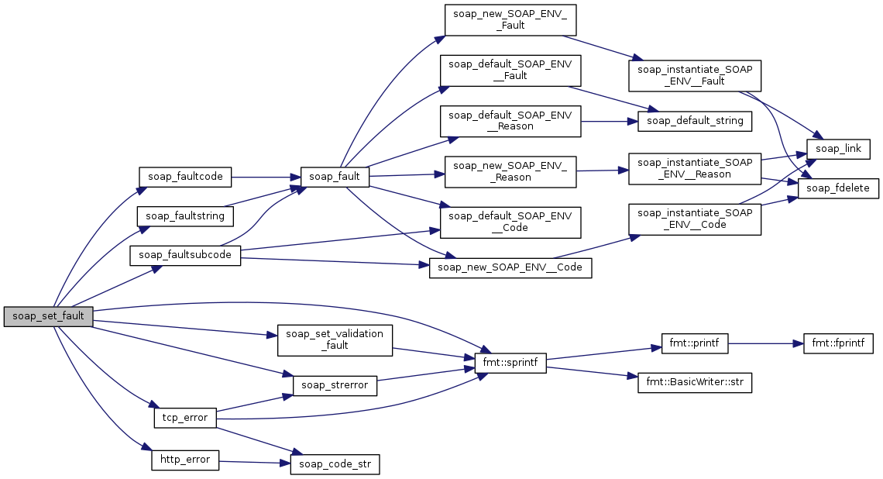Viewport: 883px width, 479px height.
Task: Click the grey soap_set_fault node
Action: click(x=48, y=316)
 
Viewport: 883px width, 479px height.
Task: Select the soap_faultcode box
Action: click(x=185, y=177)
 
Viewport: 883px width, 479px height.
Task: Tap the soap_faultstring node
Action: click(x=185, y=215)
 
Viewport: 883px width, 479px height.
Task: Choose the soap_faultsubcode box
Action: click(x=185, y=254)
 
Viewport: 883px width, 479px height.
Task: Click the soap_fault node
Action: click(x=335, y=177)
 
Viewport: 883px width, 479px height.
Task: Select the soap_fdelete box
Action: click(x=838, y=188)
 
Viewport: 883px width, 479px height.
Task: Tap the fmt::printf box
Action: click(x=695, y=343)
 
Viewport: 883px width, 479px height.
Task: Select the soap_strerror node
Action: click(x=335, y=384)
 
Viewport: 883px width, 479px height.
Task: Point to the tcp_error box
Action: click(x=185, y=418)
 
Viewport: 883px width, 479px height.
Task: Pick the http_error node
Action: click(x=185, y=460)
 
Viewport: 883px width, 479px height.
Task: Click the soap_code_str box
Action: click(x=335, y=464)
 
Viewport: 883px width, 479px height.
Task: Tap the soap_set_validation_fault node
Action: click(x=335, y=339)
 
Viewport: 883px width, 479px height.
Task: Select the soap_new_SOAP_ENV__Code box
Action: click(x=510, y=267)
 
